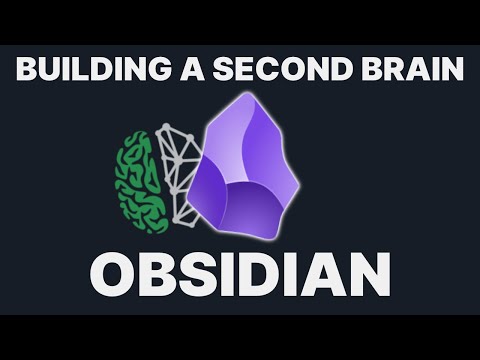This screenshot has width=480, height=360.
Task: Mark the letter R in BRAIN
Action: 372,71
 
